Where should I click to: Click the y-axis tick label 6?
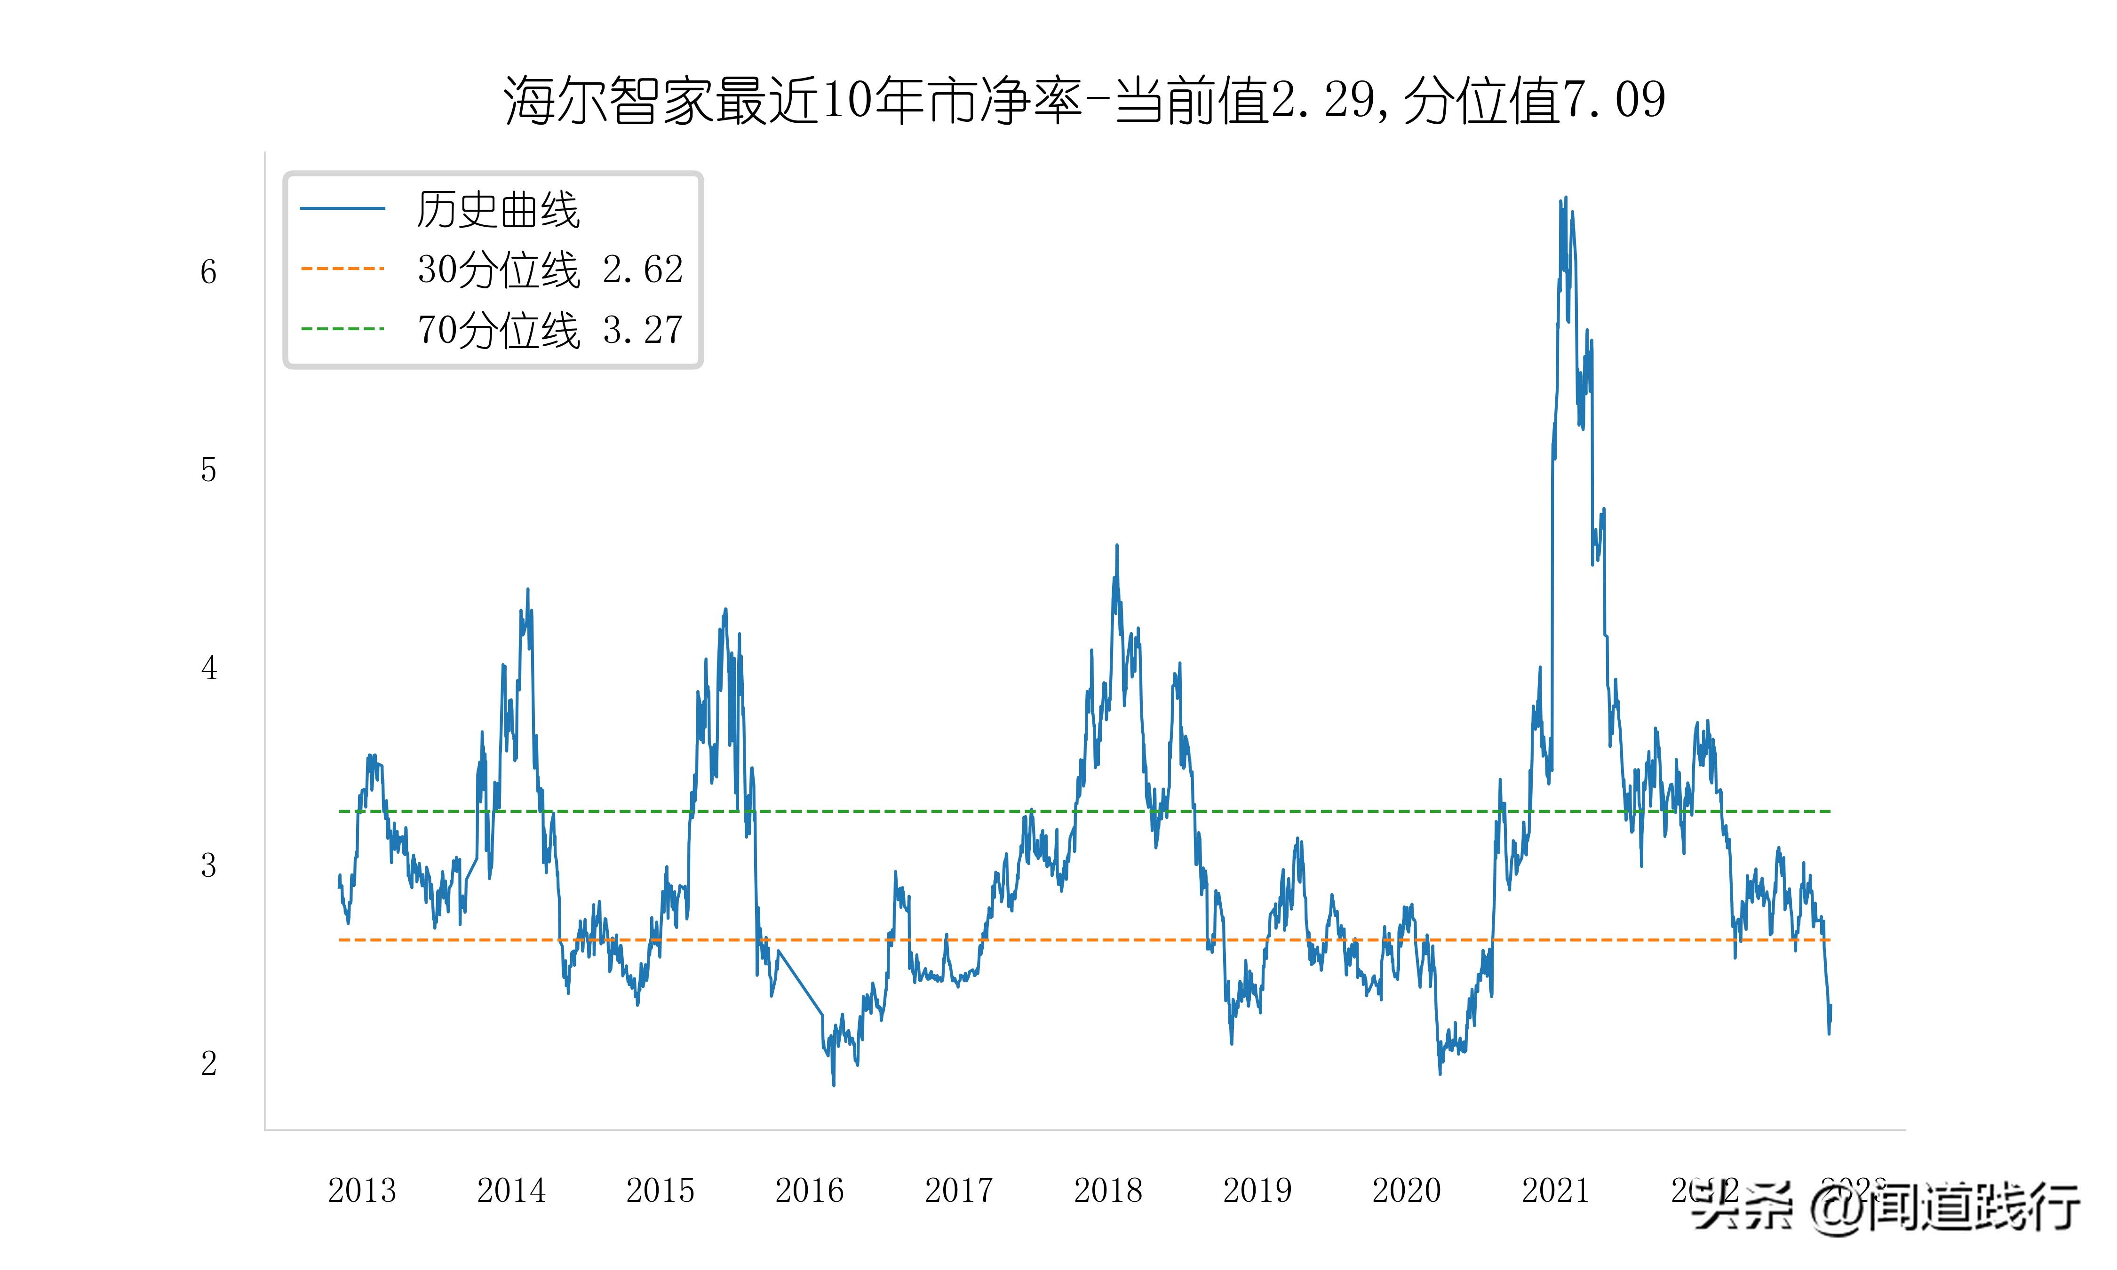coord(208,272)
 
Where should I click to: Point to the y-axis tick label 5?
coord(208,470)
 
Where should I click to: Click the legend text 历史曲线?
coord(498,210)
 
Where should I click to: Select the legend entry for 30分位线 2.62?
coord(549,270)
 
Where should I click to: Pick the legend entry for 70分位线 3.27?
coord(549,329)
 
